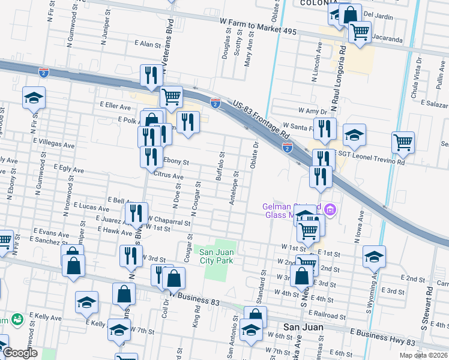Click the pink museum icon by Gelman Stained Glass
[330, 210]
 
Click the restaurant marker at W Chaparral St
[136, 212]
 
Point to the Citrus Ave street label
[168, 176]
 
